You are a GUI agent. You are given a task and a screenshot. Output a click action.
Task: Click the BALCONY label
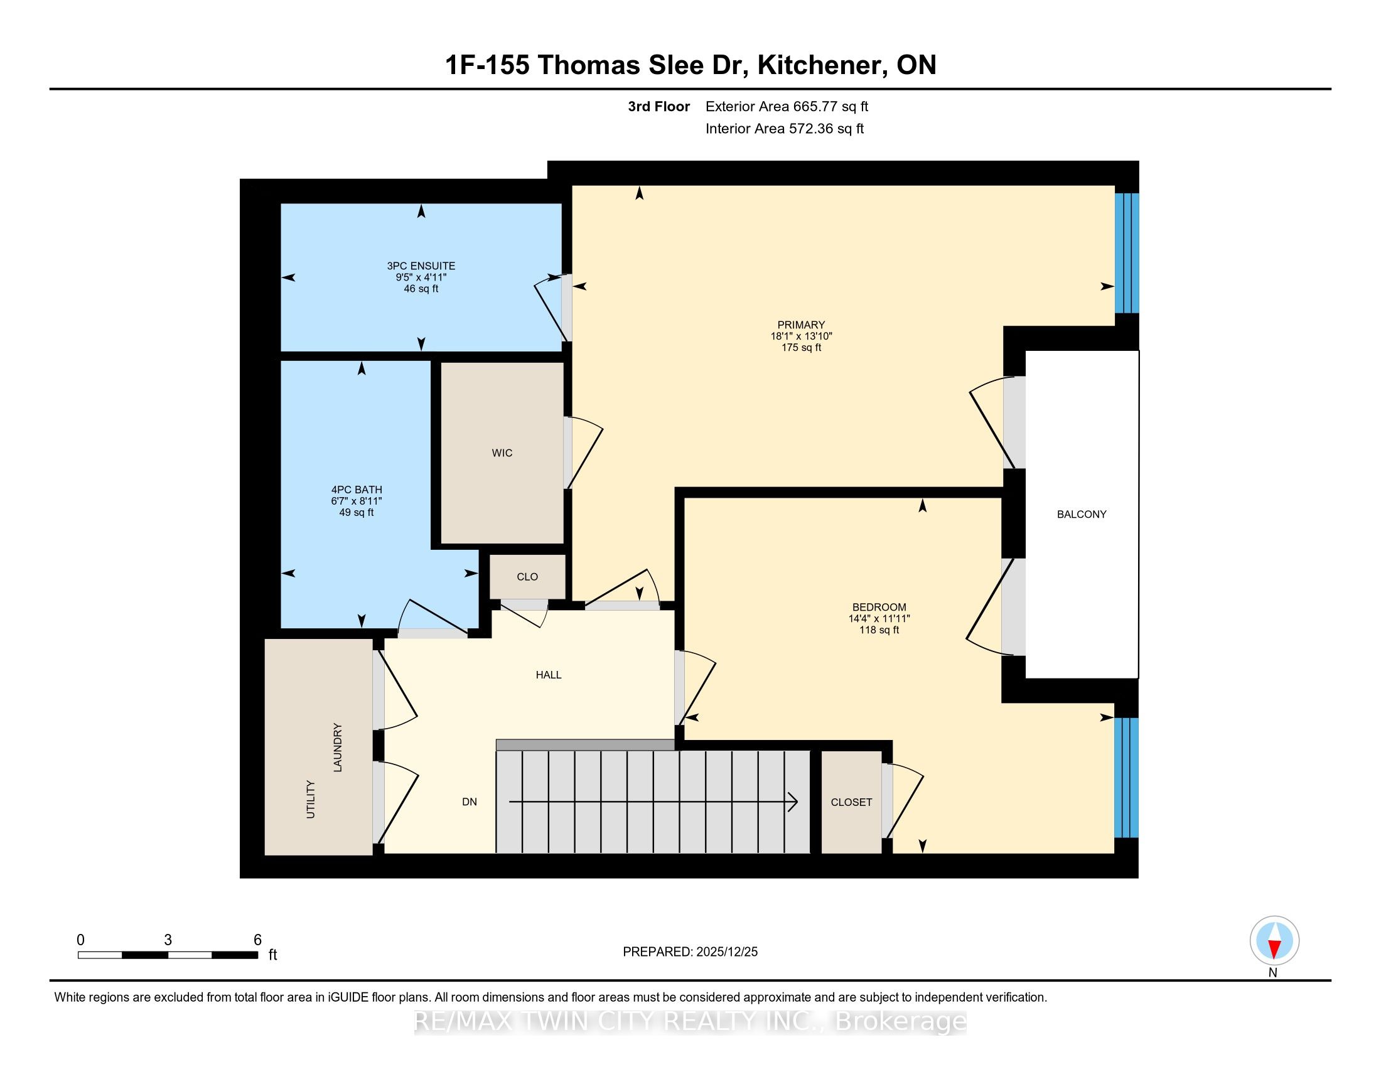click(1082, 515)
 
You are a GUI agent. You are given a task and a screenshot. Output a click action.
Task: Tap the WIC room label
click(502, 453)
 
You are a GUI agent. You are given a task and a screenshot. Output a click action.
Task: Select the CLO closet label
click(527, 577)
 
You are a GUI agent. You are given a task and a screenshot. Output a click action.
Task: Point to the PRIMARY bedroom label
click(801, 325)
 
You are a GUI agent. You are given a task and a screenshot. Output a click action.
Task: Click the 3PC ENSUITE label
click(421, 266)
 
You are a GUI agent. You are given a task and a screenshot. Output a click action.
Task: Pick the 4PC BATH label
click(357, 490)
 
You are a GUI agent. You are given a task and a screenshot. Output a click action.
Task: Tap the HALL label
click(549, 675)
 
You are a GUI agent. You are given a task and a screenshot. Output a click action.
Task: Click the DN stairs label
click(469, 802)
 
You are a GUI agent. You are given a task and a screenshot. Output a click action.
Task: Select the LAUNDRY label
click(338, 747)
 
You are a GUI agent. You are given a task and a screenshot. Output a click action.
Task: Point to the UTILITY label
click(311, 800)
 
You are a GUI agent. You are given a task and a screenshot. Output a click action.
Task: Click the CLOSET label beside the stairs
click(851, 802)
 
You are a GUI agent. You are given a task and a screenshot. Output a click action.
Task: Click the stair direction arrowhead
click(793, 802)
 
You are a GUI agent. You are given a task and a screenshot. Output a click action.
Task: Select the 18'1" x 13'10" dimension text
click(801, 336)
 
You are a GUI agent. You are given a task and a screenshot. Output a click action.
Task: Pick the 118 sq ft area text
click(879, 630)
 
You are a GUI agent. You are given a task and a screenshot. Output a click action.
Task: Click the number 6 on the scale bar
click(257, 940)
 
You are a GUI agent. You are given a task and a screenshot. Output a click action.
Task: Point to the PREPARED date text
click(690, 952)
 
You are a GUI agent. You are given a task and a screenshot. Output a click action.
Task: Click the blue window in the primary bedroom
click(1127, 253)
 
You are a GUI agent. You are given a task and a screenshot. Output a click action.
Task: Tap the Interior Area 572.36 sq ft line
click(785, 129)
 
